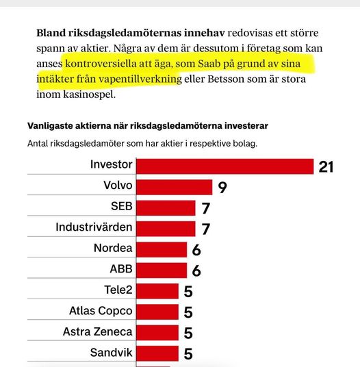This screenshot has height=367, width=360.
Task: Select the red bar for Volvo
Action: pos(175,186)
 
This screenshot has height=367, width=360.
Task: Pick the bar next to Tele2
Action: pos(158,290)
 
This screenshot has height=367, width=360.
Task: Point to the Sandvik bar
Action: pos(158,353)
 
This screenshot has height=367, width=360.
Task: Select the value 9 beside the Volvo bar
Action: pos(222,187)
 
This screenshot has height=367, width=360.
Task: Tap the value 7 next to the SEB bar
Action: pos(205,207)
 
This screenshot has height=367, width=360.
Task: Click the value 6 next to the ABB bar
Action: pos(196,270)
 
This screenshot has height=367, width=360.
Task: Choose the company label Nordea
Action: pos(113,249)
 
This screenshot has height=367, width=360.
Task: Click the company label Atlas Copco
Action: pos(101,311)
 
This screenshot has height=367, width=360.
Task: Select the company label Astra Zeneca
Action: pos(98,332)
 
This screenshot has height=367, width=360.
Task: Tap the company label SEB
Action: pos(121,207)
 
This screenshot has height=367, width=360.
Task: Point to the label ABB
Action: pos(121,269)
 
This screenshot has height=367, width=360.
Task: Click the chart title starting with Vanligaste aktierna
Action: pos(147,126)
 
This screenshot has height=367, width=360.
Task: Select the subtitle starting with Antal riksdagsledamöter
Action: pos(146,144)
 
